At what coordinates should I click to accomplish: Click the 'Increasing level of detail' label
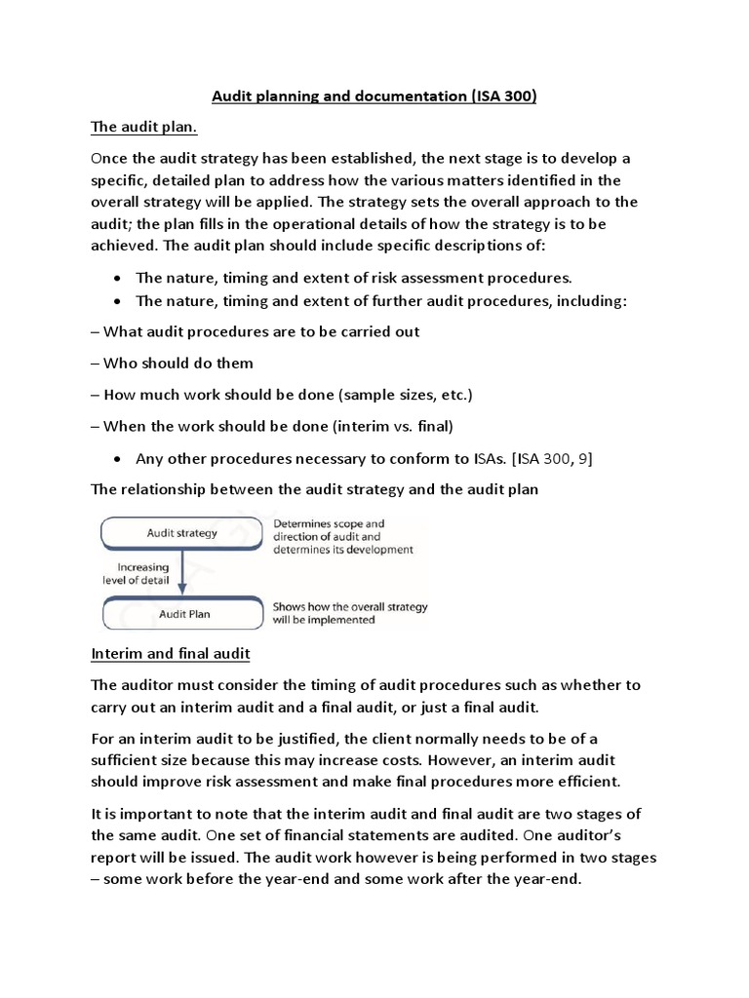point(142,574)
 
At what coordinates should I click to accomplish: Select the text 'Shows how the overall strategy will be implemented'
point(350,613)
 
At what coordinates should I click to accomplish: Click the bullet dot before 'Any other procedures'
point(117,460)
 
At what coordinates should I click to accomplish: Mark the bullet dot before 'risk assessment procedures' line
point(117,277)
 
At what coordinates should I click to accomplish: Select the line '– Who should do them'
point(172,364)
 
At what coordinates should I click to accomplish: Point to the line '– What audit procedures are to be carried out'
point(255,331)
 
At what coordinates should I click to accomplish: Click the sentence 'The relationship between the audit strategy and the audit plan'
point(314,490)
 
